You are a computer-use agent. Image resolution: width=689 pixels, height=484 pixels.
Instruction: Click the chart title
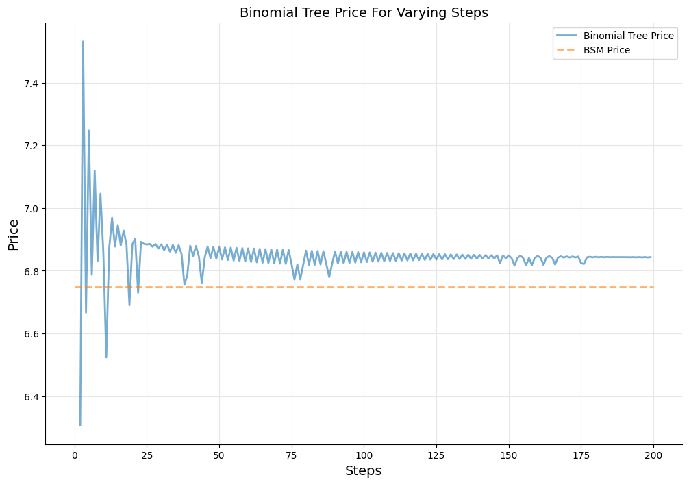tap(364, 12)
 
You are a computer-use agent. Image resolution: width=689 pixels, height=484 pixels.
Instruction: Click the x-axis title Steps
tap(363, 471)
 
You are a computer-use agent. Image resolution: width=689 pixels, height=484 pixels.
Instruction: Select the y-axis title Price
tap(14, 234)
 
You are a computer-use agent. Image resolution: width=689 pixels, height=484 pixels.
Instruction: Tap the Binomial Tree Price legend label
tap(628, 36)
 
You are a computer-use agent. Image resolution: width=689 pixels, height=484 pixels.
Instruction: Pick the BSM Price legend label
tap(606, 50)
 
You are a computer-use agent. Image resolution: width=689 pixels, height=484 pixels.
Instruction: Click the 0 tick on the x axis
tap(75, 455)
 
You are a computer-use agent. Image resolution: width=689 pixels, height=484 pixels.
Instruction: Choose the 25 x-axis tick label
tap(147, 455)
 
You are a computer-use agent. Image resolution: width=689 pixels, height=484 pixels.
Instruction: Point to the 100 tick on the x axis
tap(364, 455)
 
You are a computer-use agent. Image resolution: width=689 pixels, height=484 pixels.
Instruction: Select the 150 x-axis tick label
tap(508, 455)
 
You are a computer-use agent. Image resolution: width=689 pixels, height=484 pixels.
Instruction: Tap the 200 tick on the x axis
tap(653, 455)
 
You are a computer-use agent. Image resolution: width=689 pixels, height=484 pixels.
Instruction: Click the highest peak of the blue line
tap(83, 42)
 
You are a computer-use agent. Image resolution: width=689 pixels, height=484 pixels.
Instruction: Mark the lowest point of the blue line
tap(80, 425)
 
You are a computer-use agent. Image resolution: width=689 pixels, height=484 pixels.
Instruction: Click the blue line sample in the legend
tap(567, 36)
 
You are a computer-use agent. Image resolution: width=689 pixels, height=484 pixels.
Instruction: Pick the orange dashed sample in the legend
tap(567, 50)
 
